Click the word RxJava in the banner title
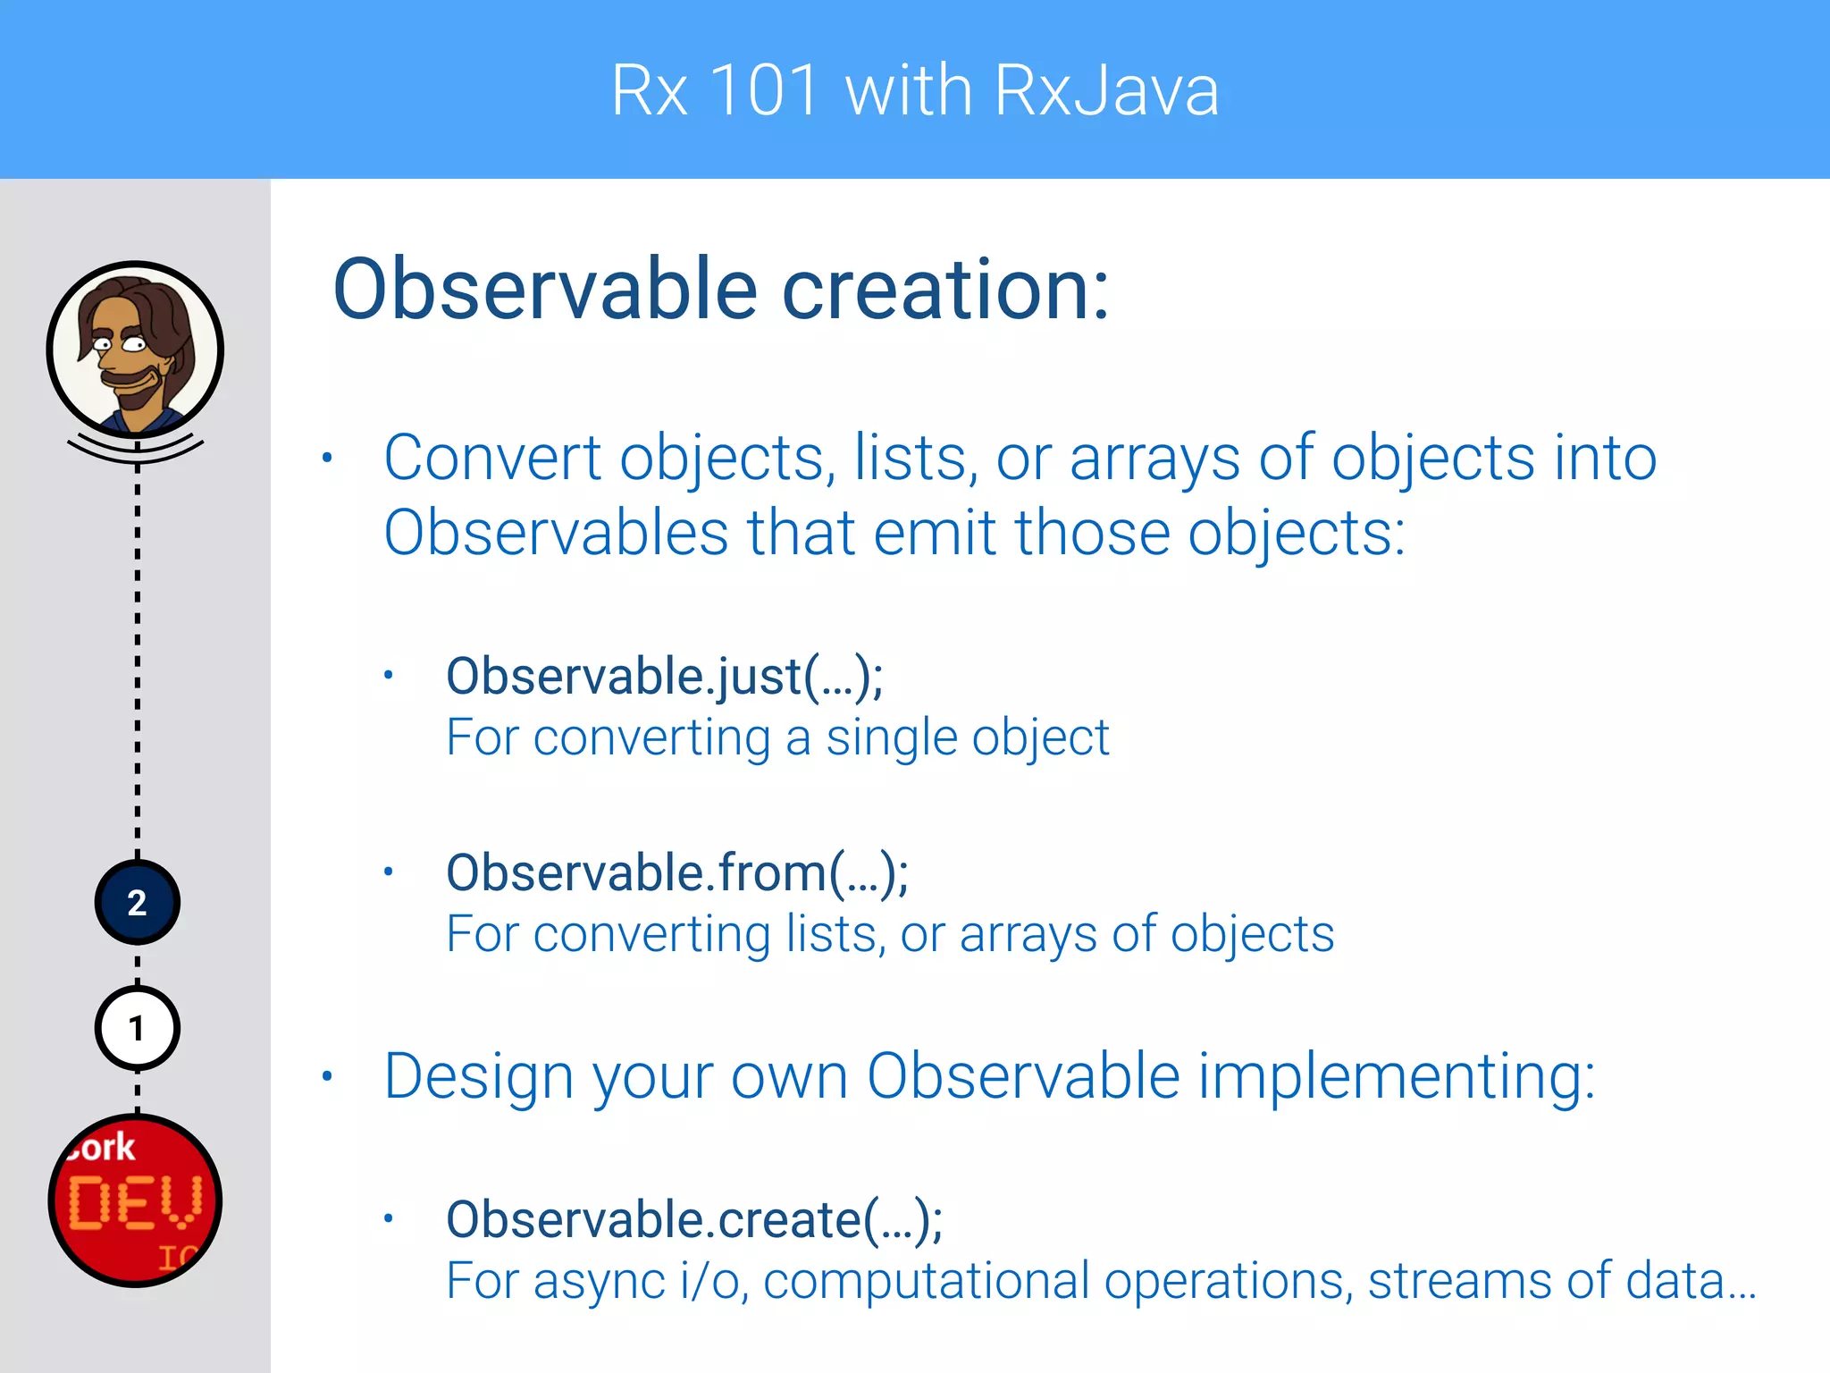click(x=1106, y=91)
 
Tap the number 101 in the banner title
click(x=765, y=91)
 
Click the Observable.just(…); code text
click(x=664, y=677)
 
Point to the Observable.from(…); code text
click(x=677, y=873)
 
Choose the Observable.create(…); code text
click(x=694, y=1220)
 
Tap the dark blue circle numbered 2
click(x=137, y=903)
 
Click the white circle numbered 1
click(x=137, y=1029)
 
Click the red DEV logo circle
click(x=135, y=1200)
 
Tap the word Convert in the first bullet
click(x=492, y=459)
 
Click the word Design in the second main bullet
click(x=478, y=1076)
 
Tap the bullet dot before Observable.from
click(x=388, y=872)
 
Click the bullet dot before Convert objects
click(x=327, y=459)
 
